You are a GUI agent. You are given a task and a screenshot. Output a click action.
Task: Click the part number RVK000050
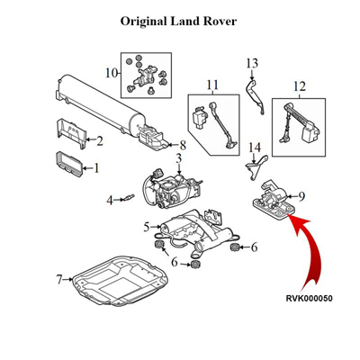tap(309, 299)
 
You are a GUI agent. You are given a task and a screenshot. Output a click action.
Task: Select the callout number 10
tap(112, 73)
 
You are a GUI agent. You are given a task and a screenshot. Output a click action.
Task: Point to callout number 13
tap(252, 63)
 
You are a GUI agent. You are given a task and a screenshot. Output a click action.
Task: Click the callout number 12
tap(300, 86)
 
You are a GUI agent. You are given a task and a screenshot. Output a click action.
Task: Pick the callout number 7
tap(59, 280)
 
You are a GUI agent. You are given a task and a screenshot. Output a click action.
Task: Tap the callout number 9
tap(301, 196)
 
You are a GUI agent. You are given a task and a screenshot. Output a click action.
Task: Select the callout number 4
tap(110, 200)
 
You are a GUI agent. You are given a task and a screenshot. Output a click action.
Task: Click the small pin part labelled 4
tap(130, 197)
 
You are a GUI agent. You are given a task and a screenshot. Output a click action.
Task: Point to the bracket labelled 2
tap(71, 134)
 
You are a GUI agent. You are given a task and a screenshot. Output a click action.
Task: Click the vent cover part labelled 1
tap(69, 164)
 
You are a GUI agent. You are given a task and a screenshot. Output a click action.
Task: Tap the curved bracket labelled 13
tap(255, 97)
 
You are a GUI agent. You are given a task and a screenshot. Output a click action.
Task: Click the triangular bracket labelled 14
tap(256, 168)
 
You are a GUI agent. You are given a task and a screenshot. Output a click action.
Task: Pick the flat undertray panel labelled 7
tap(120, 281)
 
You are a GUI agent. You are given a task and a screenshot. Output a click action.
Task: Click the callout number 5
tap(147, 227)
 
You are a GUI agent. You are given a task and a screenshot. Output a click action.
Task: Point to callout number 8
tap(183, 146)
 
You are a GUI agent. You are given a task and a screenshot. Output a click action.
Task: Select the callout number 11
tap(212, 85)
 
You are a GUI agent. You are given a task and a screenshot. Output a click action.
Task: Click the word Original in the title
tap(143, 22)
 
